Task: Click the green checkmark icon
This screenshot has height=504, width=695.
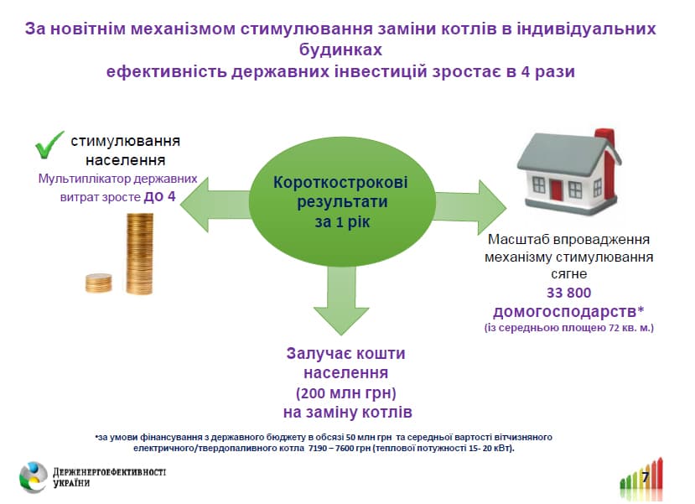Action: [49, 145]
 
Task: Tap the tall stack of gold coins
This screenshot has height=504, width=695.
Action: [140, 253]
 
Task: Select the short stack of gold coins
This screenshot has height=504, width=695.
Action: [98, 283]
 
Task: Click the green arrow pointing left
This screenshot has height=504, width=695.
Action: [215, 204]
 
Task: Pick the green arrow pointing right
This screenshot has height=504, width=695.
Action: [469, 207]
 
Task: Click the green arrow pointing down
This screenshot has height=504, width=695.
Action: [341, 299]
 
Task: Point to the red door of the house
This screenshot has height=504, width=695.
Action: [556, 190]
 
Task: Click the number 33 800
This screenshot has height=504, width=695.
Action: [568, 293]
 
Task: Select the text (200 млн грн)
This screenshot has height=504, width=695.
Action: [345, 392]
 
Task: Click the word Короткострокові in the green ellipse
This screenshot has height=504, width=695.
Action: [340, 183]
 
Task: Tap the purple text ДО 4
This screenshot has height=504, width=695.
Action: [159, 196]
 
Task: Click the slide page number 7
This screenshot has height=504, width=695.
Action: [646, 477]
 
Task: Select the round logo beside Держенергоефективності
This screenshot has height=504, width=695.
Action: [33, 477]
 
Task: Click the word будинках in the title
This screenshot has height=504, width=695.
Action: [340, 49]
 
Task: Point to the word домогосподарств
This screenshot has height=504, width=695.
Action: [565, 312]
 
